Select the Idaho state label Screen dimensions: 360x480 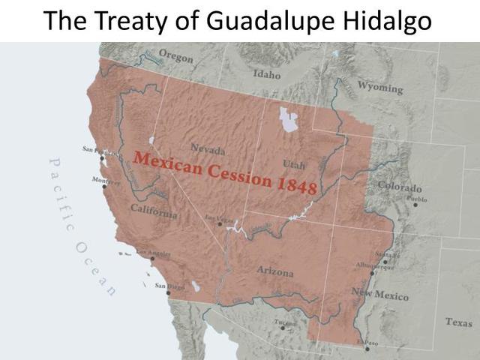pos(266,75)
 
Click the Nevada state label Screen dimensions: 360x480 pos(208,148)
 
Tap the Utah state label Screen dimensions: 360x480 pos(294,164)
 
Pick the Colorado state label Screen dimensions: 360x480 pos(399,187)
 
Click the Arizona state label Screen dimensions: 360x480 pos(275,271)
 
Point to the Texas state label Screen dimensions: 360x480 pos(458,322)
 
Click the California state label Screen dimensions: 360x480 pos(154,211)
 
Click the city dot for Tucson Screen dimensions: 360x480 pos(283,328)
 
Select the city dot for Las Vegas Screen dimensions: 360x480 pos(219,223)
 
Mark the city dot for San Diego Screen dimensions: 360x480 pos(168,292)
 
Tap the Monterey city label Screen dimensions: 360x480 pos(106,180)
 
